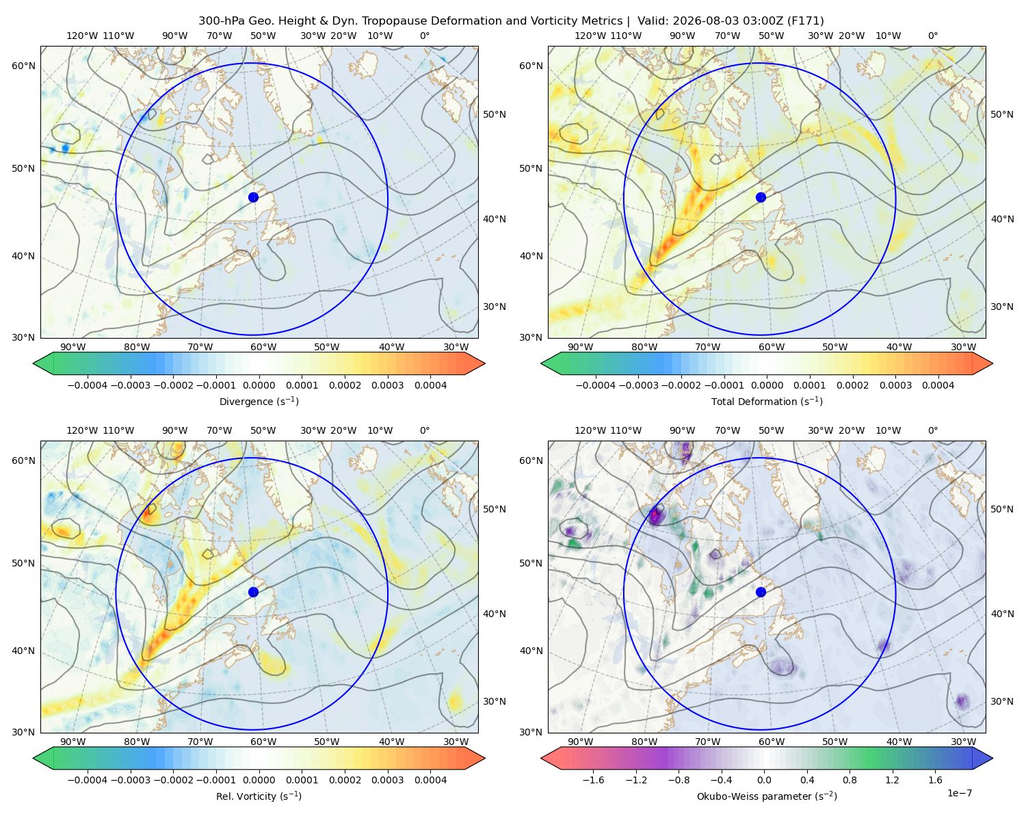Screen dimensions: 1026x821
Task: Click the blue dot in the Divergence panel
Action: coord(253,197)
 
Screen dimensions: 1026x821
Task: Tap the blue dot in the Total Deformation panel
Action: coord(761,197)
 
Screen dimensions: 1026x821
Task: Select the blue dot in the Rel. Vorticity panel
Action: coord(253,592)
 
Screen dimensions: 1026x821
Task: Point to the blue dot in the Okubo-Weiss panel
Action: coord(761,592)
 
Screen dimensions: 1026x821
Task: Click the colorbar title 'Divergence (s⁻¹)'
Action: coord(259,401)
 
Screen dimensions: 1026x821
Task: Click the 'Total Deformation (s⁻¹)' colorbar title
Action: coord(767,401)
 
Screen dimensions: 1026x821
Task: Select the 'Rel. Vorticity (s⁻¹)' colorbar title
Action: coord(259,796)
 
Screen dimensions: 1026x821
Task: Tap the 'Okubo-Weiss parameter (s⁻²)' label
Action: coord(767,796)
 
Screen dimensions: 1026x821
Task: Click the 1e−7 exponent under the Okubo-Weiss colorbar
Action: coord(959,793)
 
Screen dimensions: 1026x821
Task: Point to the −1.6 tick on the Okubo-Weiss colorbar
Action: coord(593,779)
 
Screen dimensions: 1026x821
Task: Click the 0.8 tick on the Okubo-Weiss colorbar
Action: coord(850,779)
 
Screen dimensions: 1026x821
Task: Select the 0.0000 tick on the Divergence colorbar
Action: coord(259,385)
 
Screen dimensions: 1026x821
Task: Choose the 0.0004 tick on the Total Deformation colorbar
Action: coord(938,385)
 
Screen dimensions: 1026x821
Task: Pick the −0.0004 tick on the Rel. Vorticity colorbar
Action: coord(88,779)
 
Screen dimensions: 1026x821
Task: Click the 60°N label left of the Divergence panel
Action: coord(23,66)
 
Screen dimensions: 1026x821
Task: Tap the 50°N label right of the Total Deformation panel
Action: coord(1001,114)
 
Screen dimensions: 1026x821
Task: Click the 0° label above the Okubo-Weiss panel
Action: coord(932,430)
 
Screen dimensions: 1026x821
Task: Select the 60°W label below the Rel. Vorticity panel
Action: coord(263,742)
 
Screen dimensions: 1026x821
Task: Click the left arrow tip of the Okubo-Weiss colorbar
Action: coord(541,758)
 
